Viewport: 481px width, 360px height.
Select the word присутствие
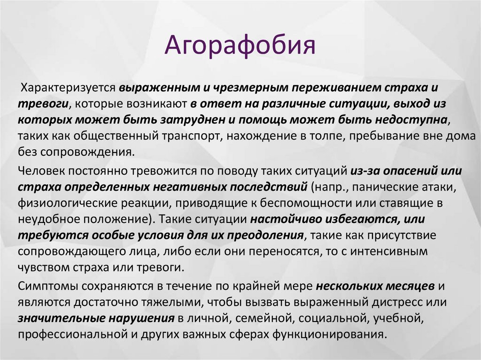396,236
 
